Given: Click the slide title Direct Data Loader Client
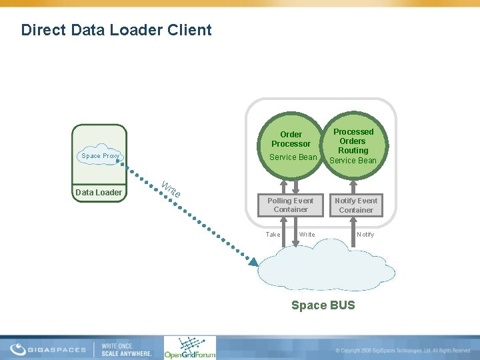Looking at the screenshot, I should coord(116,30).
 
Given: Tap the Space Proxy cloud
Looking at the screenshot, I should coord(99,156).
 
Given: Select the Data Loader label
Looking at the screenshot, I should coord(99,193).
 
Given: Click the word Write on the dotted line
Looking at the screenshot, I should coord(171,189).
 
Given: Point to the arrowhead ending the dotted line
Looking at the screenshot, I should coord(253,263).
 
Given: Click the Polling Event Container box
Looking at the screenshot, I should coord(290,205).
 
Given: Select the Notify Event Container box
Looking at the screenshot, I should coord(356,205).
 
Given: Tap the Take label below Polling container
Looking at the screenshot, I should coord(273,235).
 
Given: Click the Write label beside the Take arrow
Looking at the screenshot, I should coord(307,235).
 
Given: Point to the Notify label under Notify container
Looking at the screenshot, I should coord(365,235).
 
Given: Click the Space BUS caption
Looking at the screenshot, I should coord(323,305).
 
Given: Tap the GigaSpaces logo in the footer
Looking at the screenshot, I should coord(50,349).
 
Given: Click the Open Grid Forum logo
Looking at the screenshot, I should coord(190,348).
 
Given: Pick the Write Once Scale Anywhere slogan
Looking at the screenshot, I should coord(126,349).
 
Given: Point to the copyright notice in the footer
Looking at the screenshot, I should coord(403,350).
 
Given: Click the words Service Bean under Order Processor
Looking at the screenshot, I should coord(293,157).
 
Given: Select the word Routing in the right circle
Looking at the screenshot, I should coord(353,151).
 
